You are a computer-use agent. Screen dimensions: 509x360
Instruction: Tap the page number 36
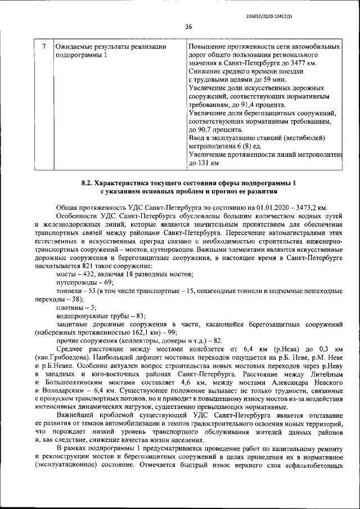(x=188, y=26)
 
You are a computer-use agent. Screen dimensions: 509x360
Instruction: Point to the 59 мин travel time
(x=275, y=81)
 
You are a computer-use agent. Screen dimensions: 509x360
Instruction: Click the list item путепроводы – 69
(x=85, y=282)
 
